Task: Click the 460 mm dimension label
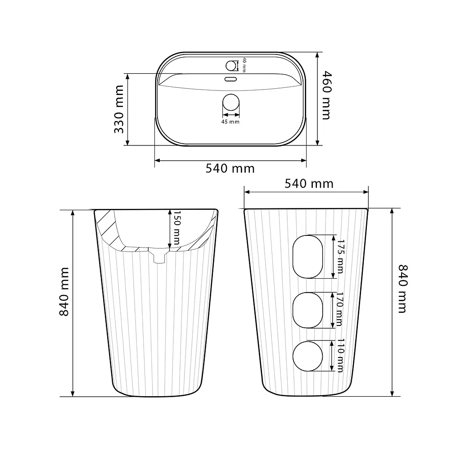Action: (327, 95)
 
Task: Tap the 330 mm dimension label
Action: (119, 109)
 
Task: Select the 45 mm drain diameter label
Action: (230, 122)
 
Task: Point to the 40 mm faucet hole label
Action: (244, 65)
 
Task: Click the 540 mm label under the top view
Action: (230, 169)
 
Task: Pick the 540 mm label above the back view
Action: (309, 184)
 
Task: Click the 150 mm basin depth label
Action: (176, 227)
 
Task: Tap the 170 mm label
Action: (339, 309)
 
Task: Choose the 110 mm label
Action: (340, 356)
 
